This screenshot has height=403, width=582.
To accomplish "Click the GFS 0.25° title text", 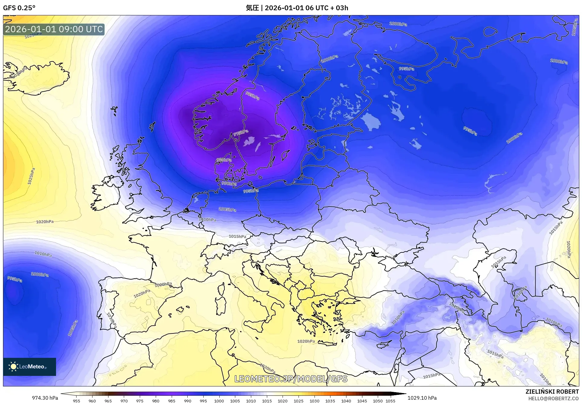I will pyautogui.click(x=19, y=8).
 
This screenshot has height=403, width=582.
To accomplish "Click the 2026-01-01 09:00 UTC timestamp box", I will pyautogui.click(x=54, y=29).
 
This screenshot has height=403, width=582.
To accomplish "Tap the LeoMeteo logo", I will pyautogui.click(x=29, y=367).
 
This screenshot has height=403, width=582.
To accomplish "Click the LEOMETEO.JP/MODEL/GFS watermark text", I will pyautogui.click(x=291, y=379).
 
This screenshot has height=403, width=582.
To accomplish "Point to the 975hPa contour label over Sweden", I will pyautogui.click(x=241, y=133).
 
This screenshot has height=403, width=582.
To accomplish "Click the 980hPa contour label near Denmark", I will pyautogui.click(x=224, y=160).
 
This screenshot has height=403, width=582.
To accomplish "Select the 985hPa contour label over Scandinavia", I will pyautogui.click(x=252, y=96).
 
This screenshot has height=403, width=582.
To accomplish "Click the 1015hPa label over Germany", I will pyautogui.click(x=237, y=236).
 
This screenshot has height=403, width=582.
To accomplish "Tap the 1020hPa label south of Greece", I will pyautogui.click(x=306, y=341).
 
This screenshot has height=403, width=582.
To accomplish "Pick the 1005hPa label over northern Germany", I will pyautogui.click(x=227, y=209).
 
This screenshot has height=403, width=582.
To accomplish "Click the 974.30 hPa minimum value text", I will pyautogui.click(x=45, y=398).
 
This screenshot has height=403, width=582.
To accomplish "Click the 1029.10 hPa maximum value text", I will pyautogui.click(x=422, y=398).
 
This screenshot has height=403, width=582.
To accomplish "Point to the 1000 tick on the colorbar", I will pyautogui.click(x=219, y=401).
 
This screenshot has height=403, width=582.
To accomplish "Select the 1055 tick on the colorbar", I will pyautogui.click(x=390, y=401).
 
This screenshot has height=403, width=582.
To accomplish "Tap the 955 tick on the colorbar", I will pyautogui.click(x=77, y=401).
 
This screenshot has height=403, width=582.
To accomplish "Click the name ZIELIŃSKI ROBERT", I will pyautogui.click(x=552, y=392).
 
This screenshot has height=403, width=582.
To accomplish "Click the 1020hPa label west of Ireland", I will pyautogui.click(x=45, y=222).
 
